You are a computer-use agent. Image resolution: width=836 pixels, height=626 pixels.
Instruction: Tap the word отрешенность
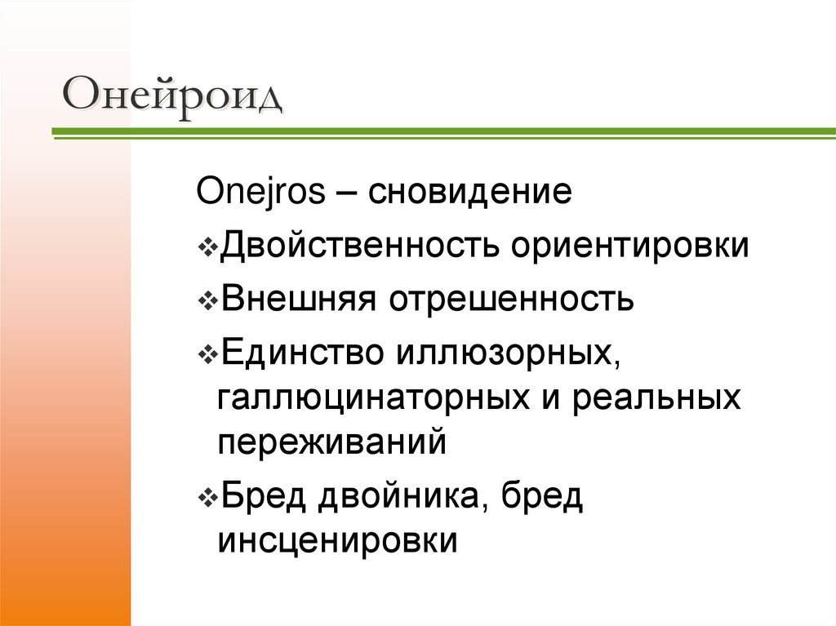(x=512, y=299)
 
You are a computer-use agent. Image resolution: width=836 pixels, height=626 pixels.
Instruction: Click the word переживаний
(x=333, y=444)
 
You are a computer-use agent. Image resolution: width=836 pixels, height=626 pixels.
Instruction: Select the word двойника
(x=399, y=497)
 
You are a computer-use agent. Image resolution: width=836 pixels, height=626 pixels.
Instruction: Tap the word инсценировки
(x=336, y=543)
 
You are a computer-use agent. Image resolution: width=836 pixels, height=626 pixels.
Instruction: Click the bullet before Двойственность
(x=207, y=247)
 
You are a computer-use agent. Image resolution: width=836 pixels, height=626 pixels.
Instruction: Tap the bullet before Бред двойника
(x=207, y=498)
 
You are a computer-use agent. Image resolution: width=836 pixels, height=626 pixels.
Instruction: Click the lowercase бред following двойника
(x=542, y=497)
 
